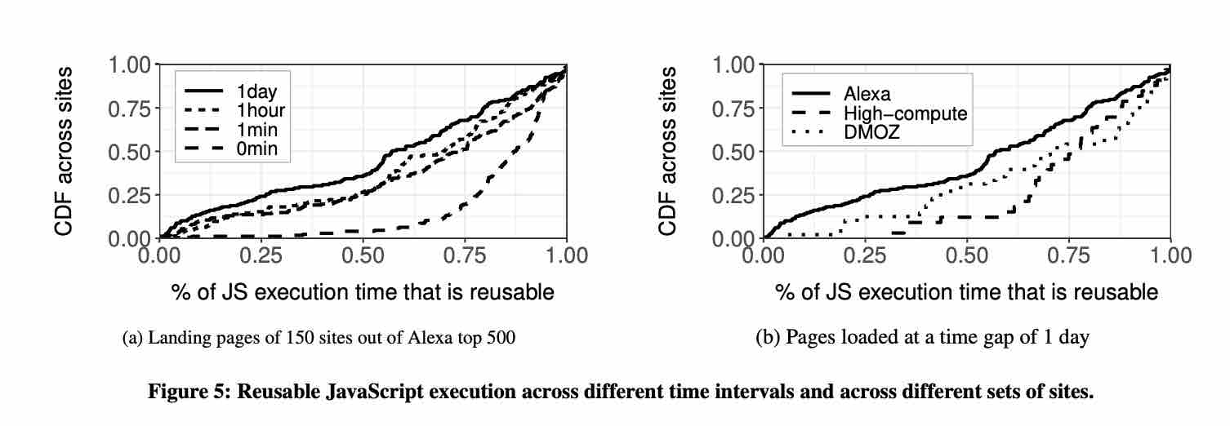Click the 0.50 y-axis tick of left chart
pos(131,152)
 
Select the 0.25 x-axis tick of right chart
pos(866,255)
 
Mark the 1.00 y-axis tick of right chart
pos(735,64)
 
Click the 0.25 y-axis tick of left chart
pos(131,195)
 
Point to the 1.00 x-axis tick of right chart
pos(1170,255)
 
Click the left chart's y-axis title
pos(65,151)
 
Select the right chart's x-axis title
pos(966,291)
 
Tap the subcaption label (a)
pos(133,338)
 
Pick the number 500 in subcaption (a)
pos(501,338)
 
